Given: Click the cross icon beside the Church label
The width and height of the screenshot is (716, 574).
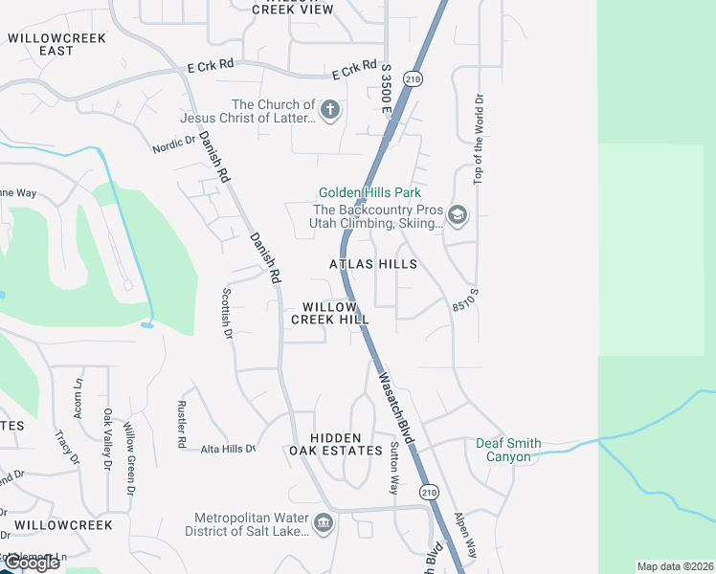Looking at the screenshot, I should pos(330,110).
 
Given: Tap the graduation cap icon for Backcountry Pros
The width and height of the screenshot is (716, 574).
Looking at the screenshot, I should pos(458,215).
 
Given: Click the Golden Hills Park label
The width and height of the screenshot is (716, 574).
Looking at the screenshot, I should pos(369,193).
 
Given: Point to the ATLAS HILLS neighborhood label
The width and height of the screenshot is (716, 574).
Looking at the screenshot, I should pos(373,263).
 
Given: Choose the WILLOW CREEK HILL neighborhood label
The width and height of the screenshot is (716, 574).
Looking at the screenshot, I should pos(330,313).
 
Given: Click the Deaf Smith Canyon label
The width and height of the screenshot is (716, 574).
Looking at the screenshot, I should pos(508,450).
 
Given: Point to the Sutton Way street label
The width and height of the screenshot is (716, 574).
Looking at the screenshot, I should pos(393,468).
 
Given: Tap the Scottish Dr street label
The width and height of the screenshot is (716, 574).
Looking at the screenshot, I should pos(227,314).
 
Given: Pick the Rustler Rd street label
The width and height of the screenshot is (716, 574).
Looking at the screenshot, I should pos(181,424).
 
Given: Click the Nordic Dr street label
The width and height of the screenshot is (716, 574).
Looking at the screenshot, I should pos(173,143).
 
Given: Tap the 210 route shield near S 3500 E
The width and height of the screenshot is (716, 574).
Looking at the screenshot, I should pos(413,77).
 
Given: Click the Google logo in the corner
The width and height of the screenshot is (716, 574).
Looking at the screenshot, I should pos(31,563).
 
